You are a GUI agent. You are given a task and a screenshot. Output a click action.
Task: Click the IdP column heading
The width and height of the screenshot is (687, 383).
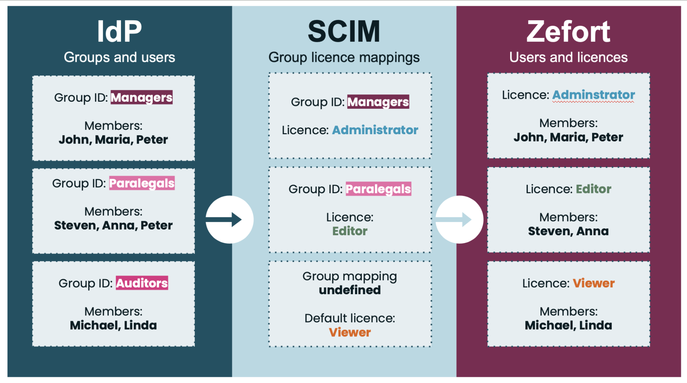pyautogui.click(x=119, y=31)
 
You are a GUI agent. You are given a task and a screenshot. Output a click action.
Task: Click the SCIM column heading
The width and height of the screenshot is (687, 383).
pyautogui.click(x=344, y=31)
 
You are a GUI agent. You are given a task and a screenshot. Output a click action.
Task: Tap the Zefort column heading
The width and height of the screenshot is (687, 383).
pyautogui.click(x=568, y=31)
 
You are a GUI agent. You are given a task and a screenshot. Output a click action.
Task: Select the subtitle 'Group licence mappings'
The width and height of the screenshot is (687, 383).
pyautogui.click(x=344, y=58)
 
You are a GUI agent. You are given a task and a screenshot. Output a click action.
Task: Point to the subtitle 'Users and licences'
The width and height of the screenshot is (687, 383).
pyautogui.click(x=568, y=58)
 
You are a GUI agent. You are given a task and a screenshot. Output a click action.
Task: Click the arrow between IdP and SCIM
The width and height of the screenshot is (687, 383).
pyautogui.click(x=229, y=219)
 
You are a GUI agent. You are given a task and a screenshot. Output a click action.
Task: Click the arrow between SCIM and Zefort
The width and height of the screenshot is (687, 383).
pyautogui.click(x=459, y=219)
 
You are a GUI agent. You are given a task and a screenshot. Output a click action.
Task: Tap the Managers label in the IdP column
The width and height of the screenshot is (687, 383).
pyautogui.click(x=141, y=97)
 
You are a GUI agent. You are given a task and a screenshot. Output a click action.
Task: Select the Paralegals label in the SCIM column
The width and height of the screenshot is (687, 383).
pyautogui.click(x=378, y=189)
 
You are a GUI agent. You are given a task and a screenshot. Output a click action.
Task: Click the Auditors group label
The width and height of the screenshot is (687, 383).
pyautogui.click(x=142, y=283)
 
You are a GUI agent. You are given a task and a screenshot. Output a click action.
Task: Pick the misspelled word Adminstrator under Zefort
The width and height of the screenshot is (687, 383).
pyautogui.click(x=593, y=95)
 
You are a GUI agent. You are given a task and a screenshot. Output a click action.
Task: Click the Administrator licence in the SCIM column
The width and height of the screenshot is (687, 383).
pyautogui.click(x=375, y=130)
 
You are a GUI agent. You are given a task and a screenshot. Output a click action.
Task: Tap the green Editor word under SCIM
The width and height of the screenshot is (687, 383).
pyautogui.click(x=350, y=231)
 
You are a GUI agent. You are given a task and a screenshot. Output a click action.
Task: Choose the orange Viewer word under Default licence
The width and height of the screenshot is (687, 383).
pyautogui.click(x=350, y=333)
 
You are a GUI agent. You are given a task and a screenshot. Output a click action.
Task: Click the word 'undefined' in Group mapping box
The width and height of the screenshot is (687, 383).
pyautogui.click(x=350, y=290)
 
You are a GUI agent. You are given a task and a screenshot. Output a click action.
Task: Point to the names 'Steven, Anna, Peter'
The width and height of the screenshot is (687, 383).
pyautogui.click(x=113, y=226)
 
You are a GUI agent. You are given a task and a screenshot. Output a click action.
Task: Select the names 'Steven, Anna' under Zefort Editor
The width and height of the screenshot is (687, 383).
pyautogui.click(x=568, y=231)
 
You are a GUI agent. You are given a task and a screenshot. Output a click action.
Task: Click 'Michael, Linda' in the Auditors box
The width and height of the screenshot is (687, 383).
pyautogui.click(x=113, y=325)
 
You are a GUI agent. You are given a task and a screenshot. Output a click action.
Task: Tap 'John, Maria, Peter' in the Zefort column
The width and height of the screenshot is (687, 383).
pyautogui.click(x=568, y=137)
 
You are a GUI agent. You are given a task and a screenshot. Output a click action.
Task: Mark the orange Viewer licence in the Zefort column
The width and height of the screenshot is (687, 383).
pyautogui.click(x=593, y=283)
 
